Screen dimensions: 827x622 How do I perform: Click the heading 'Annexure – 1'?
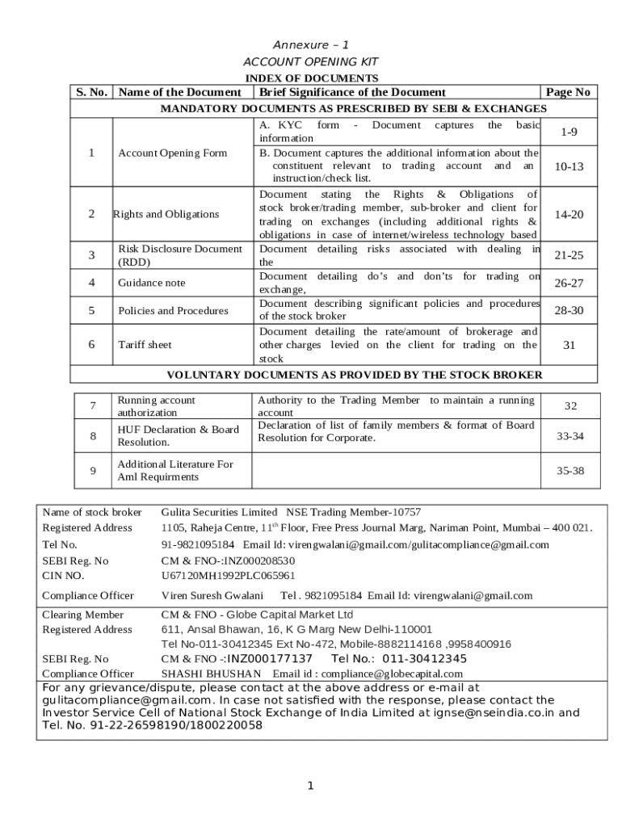(310, 45)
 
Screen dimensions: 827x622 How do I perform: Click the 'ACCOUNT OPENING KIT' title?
(310, 62)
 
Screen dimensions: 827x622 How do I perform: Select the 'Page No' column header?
(568, 92)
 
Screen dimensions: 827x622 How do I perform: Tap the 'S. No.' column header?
(92, 92)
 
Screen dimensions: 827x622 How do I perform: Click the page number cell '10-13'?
(568, 166)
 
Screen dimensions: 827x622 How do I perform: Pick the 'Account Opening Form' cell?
(172, 153)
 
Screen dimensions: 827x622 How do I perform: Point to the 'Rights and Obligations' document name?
(166, 214)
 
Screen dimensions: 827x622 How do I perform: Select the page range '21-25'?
(568, 255)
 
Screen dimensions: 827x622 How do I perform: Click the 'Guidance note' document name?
(151, 283)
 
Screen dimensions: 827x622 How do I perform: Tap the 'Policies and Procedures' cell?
(173, 310)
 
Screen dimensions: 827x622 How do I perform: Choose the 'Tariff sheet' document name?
(145, 345)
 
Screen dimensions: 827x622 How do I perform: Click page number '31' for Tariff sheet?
(568, 345)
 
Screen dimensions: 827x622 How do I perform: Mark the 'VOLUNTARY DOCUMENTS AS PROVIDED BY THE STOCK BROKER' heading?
(354, 375)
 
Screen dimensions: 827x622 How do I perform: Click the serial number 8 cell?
(93, 436)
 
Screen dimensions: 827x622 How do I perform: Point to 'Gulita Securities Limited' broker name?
(219, 512)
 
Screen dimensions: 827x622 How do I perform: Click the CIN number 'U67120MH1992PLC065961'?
(228, 576)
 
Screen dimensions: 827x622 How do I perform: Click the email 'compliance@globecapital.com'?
(393, 674)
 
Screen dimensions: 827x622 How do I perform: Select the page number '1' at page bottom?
(310, 786)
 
